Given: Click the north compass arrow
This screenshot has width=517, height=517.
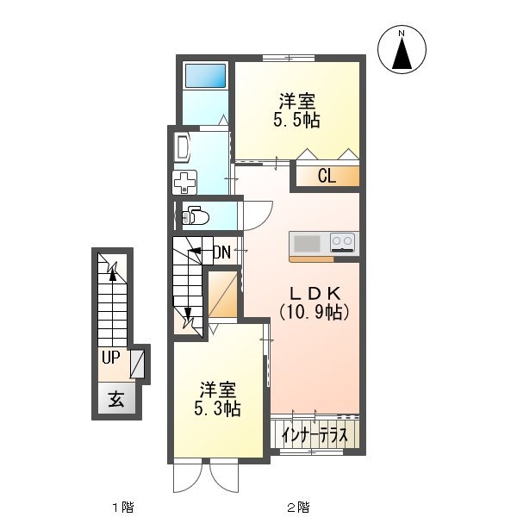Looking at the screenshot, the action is pyautogui.click(x=402, y=53).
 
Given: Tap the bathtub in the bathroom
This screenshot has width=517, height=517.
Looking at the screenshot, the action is pyautogui.click(x=205, y=76).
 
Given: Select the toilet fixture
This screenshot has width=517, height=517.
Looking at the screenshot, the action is pyautogui.click(x=196, y=215).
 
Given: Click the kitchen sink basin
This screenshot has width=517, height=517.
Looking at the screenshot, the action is pyautogui.click(x=307, y=244).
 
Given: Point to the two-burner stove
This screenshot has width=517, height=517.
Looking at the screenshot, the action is pyautogui.click(x=343, y=243).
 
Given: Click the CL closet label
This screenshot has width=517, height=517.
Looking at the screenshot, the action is pyautogui.click(x=327, y=176).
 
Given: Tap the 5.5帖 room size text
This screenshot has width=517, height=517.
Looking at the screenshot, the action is pyautogui.click(x=296, y=120).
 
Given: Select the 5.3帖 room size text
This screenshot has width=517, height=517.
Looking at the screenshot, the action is pyautogui.click(x=217, y=409).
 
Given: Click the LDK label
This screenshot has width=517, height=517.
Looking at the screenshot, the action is pyautogui.click(x=315, y=293).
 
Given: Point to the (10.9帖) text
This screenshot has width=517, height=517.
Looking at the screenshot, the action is pyautogui.click(x=315, y=312).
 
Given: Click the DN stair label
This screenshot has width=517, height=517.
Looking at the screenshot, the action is pyautogui.click(x=221, y=252).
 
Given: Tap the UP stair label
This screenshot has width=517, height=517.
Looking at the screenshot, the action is pyautogui.click(x=110, y=357).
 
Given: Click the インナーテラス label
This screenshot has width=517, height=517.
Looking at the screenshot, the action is pyautogui.click(x=315, y=435).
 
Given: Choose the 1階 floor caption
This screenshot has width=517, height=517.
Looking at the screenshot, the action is pyautogui.click(x=123, y=507).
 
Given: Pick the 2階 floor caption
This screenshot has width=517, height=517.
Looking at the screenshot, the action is pyautogui.click(x=298, y=507).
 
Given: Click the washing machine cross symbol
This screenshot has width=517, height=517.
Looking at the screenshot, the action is pyautogui.click(x=184, y=183).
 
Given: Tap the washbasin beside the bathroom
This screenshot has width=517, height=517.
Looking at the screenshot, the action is pyautogui.click(x=182, y=147).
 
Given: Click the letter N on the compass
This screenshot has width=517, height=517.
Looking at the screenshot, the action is pyautogui.click(x=402, y=34).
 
